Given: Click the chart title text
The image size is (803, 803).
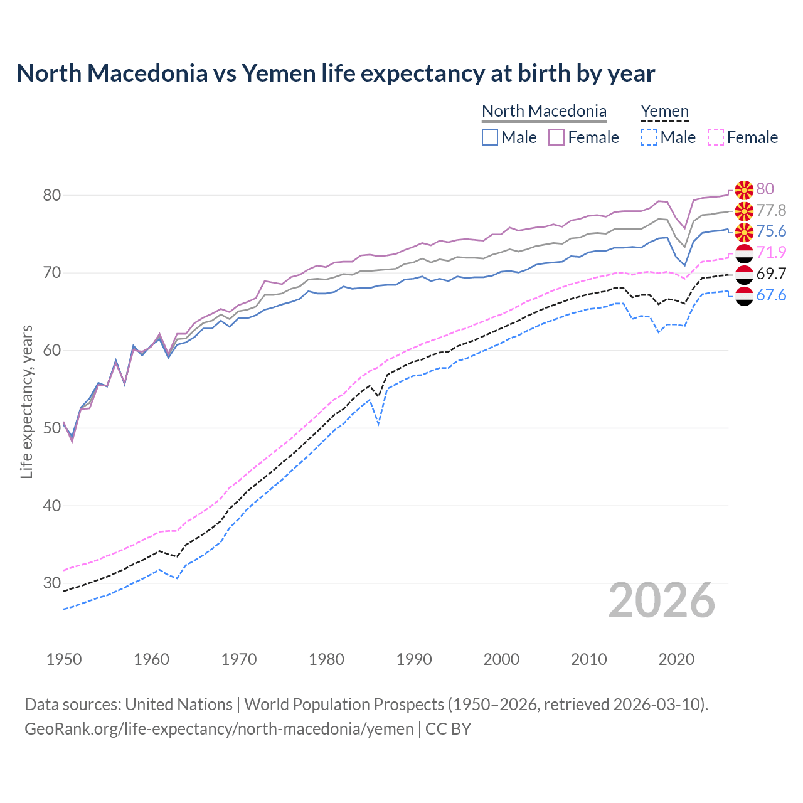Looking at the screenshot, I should [x=336, y=73].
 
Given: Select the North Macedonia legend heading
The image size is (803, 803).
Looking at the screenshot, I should [x=544, y=111].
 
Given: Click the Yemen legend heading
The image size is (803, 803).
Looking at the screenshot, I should [x=664, y=111].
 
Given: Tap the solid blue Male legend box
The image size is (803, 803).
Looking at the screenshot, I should [x=490, y=137].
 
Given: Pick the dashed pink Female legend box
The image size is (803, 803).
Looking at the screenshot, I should [x=716, y=137].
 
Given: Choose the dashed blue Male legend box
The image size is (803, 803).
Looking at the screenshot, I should [x=649, y=137].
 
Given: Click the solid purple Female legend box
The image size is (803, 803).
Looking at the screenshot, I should [x=556, y=137].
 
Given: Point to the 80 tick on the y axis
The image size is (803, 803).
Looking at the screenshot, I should [x=52, y=195].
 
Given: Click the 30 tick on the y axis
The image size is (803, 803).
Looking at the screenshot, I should [x=52, y=583].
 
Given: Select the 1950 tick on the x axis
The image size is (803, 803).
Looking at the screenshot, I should [x=64, y=659].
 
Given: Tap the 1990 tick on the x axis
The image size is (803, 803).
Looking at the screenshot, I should [x=414, y=659].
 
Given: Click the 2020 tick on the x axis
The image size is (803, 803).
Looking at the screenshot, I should [x=676, y=659].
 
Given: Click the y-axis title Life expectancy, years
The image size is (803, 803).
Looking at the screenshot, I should [x=26, y=401].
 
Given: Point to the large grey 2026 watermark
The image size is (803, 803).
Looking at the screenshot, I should [x=662, y=600].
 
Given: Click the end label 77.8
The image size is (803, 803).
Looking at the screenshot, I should [x=771, y=210].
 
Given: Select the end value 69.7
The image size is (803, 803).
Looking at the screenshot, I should [x=771, y=274].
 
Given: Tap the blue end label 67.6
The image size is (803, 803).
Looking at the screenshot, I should [x=771, y=295].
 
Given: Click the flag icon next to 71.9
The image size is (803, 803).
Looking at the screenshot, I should [x=744, y=253].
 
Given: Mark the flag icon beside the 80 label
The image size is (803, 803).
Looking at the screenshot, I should [x=744, y=189].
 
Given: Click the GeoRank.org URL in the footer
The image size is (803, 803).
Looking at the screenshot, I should [x=219, y=728].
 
